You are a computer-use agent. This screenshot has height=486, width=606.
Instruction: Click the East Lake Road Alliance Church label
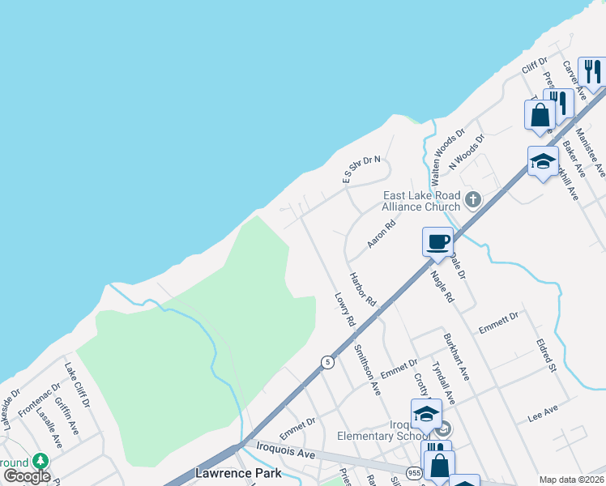pyautogui.click(x=421, y=201)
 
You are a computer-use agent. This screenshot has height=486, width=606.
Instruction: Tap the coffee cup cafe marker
pyautogui.click(x=437, y=242)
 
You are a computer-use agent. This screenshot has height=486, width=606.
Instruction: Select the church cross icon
pyautogui.click(x=474, y=198)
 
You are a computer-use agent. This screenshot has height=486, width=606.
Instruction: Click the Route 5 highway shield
pyautogui.click(x=327, y=363)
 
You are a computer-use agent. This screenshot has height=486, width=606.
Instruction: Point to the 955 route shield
pyautogui.click(x=413, y=472)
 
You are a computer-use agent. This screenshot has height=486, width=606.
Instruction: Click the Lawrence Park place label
pyautogui.click(x=239, y=473)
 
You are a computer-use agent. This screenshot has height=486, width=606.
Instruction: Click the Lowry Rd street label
pyautogui.click(x=345, y=309)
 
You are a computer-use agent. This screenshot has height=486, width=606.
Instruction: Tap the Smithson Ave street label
pyautogui.click(x=367, y=369)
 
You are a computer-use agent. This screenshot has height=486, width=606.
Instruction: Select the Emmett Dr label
pyautogui.click(x=498, y=321)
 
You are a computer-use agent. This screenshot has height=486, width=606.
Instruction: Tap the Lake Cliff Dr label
pyautogui.click(x=77, y=386)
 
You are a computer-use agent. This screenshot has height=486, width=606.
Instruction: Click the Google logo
pyautogui.click(x=27, y=476)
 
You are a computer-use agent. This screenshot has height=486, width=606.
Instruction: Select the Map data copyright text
pyautogui.click(x=571, y=480)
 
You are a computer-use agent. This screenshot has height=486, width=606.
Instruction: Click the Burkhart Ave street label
pyautogui.click(x=456, y=357)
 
